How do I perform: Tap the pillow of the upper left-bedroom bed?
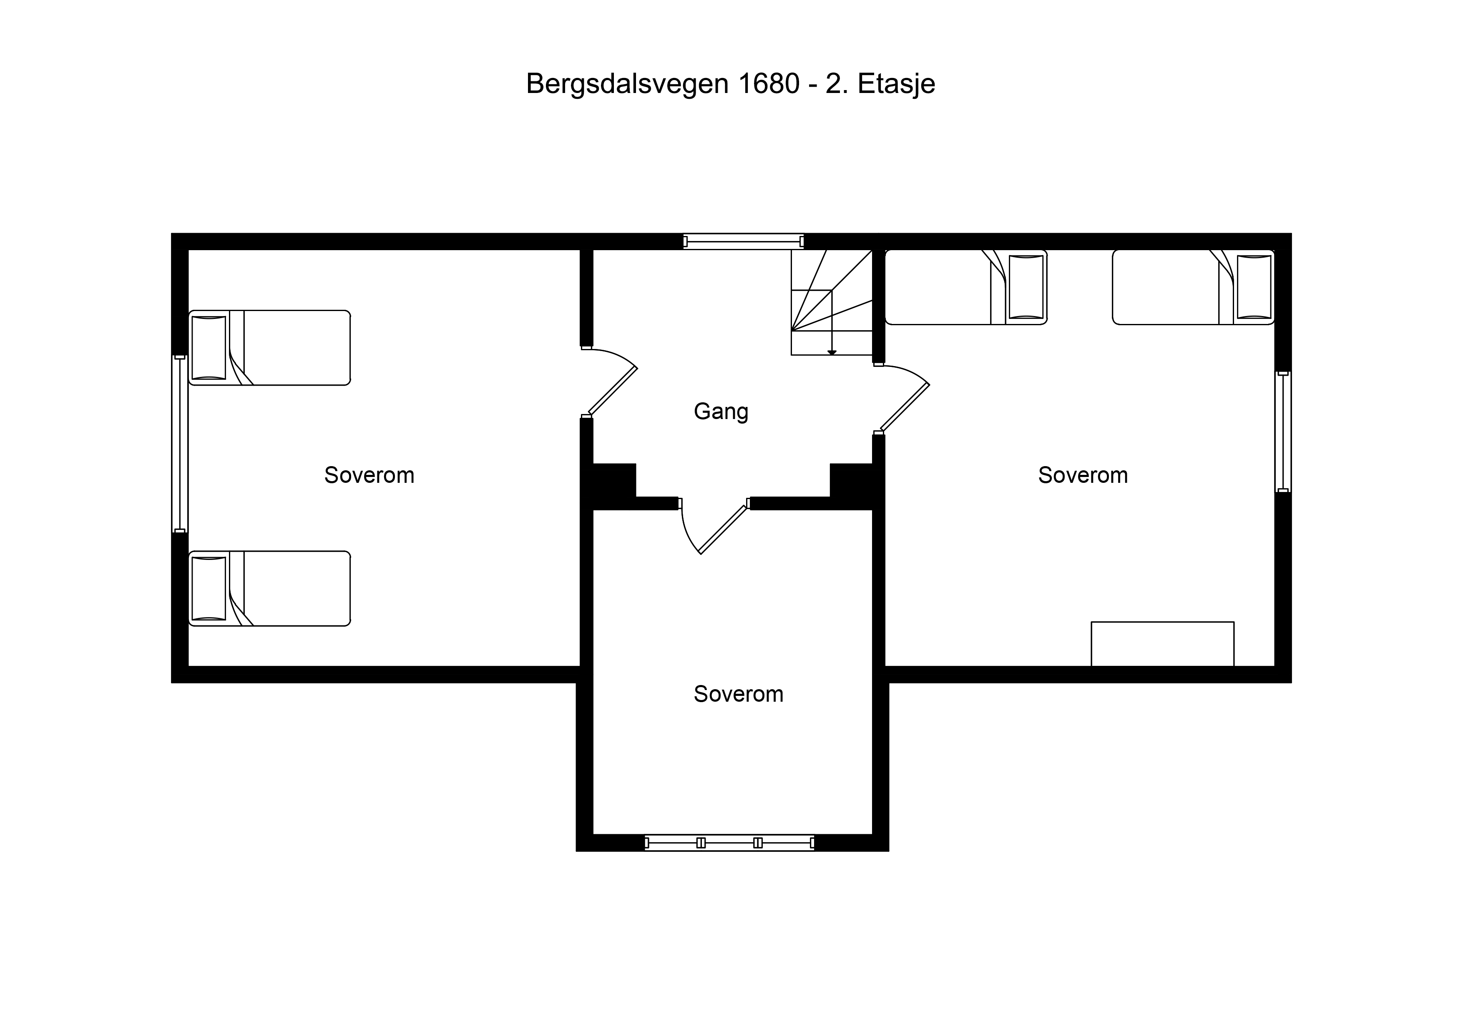tap(209, 348)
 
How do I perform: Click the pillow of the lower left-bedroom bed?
tap(209, 589)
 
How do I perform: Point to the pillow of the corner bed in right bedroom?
tap(1254, 287)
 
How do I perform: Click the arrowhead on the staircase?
tap(832, 352)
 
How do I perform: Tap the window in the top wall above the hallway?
tap(743, 241)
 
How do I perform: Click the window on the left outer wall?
tap(180, 444)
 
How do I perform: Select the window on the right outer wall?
tap(1283, 432)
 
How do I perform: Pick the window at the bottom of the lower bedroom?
tap(729, 843)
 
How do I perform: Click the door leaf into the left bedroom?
tap(612, 391)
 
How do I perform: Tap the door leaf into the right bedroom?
tap(905, 408)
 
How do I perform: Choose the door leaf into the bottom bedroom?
tap(723, 530)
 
